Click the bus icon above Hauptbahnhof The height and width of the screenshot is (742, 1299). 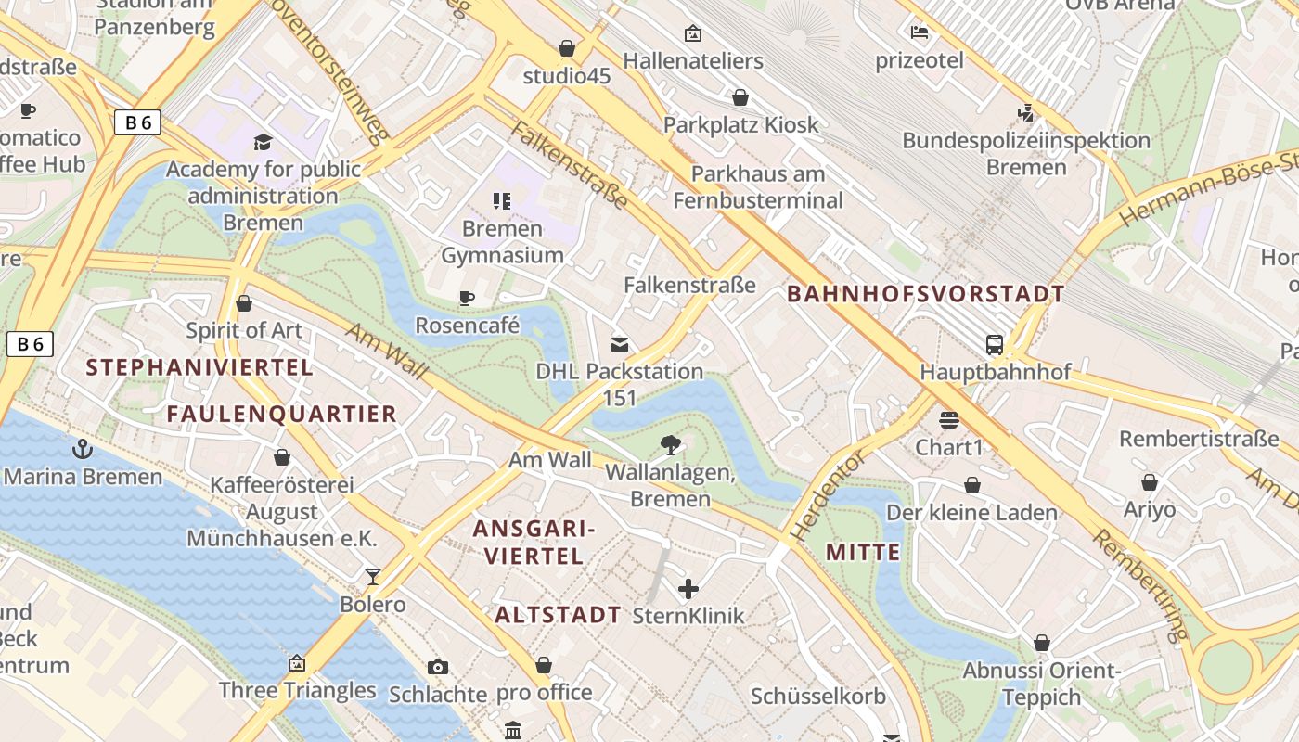tap(995, 345)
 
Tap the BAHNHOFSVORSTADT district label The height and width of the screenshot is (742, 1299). tap(925, 295)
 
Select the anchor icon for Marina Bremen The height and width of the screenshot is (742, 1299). tap(84, 450)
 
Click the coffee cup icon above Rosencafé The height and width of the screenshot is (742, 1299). tap(467, 298)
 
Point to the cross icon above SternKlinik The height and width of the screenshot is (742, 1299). tap(688, 589)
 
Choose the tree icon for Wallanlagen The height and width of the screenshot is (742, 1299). tap(670, 446)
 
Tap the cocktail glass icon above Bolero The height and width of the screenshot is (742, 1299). tap(373, 577)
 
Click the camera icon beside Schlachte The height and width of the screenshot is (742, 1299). tap(438, 667)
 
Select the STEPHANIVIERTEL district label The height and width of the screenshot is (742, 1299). tap(199, 367)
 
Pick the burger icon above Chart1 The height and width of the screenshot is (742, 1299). tap(948, 420)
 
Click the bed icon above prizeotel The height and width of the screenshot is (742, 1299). tap(920, 32)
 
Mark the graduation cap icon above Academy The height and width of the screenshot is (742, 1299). tap(264, 142)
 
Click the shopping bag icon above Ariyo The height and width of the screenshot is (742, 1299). tap(1150, 482)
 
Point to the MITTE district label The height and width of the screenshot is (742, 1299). tap(863, 553)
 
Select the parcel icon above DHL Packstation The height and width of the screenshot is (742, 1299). tap(619, 345)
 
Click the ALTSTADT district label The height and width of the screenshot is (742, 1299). tap(558, 615)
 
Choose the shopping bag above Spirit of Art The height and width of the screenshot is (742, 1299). tap(244, 303)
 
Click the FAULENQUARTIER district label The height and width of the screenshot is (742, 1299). tap(281, 414)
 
